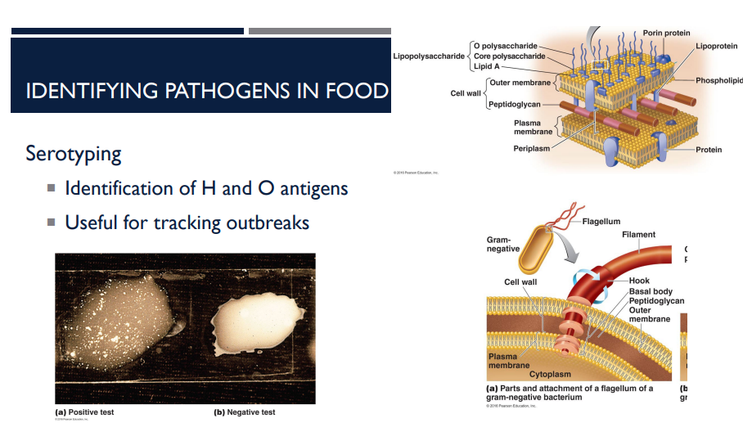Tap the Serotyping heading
click(x=74, y=153)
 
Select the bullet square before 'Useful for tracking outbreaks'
click(x=51, y=223)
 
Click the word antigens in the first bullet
click(x=314, y=189)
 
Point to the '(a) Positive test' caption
click(x=84, y=412)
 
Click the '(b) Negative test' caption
click(x=245, y=412)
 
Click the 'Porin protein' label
click(x=666, y=33)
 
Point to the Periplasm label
click(x=532, y=148)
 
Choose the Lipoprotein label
click(x=716, y=46)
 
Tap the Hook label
click(x=639, y=281)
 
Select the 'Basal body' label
click(x=651, y=291)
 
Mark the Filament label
click(x=638, y=235)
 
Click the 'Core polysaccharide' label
click(x=509, y=56)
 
